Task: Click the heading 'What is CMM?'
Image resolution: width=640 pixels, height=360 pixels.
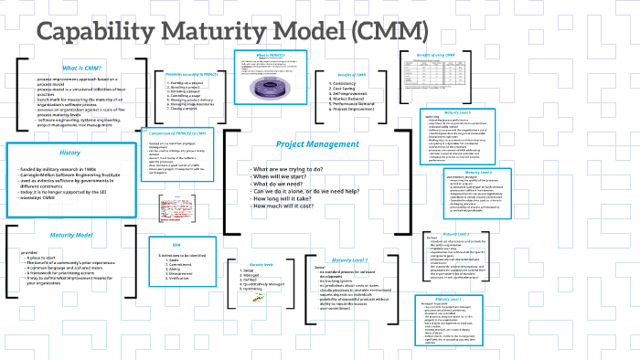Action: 81,69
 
